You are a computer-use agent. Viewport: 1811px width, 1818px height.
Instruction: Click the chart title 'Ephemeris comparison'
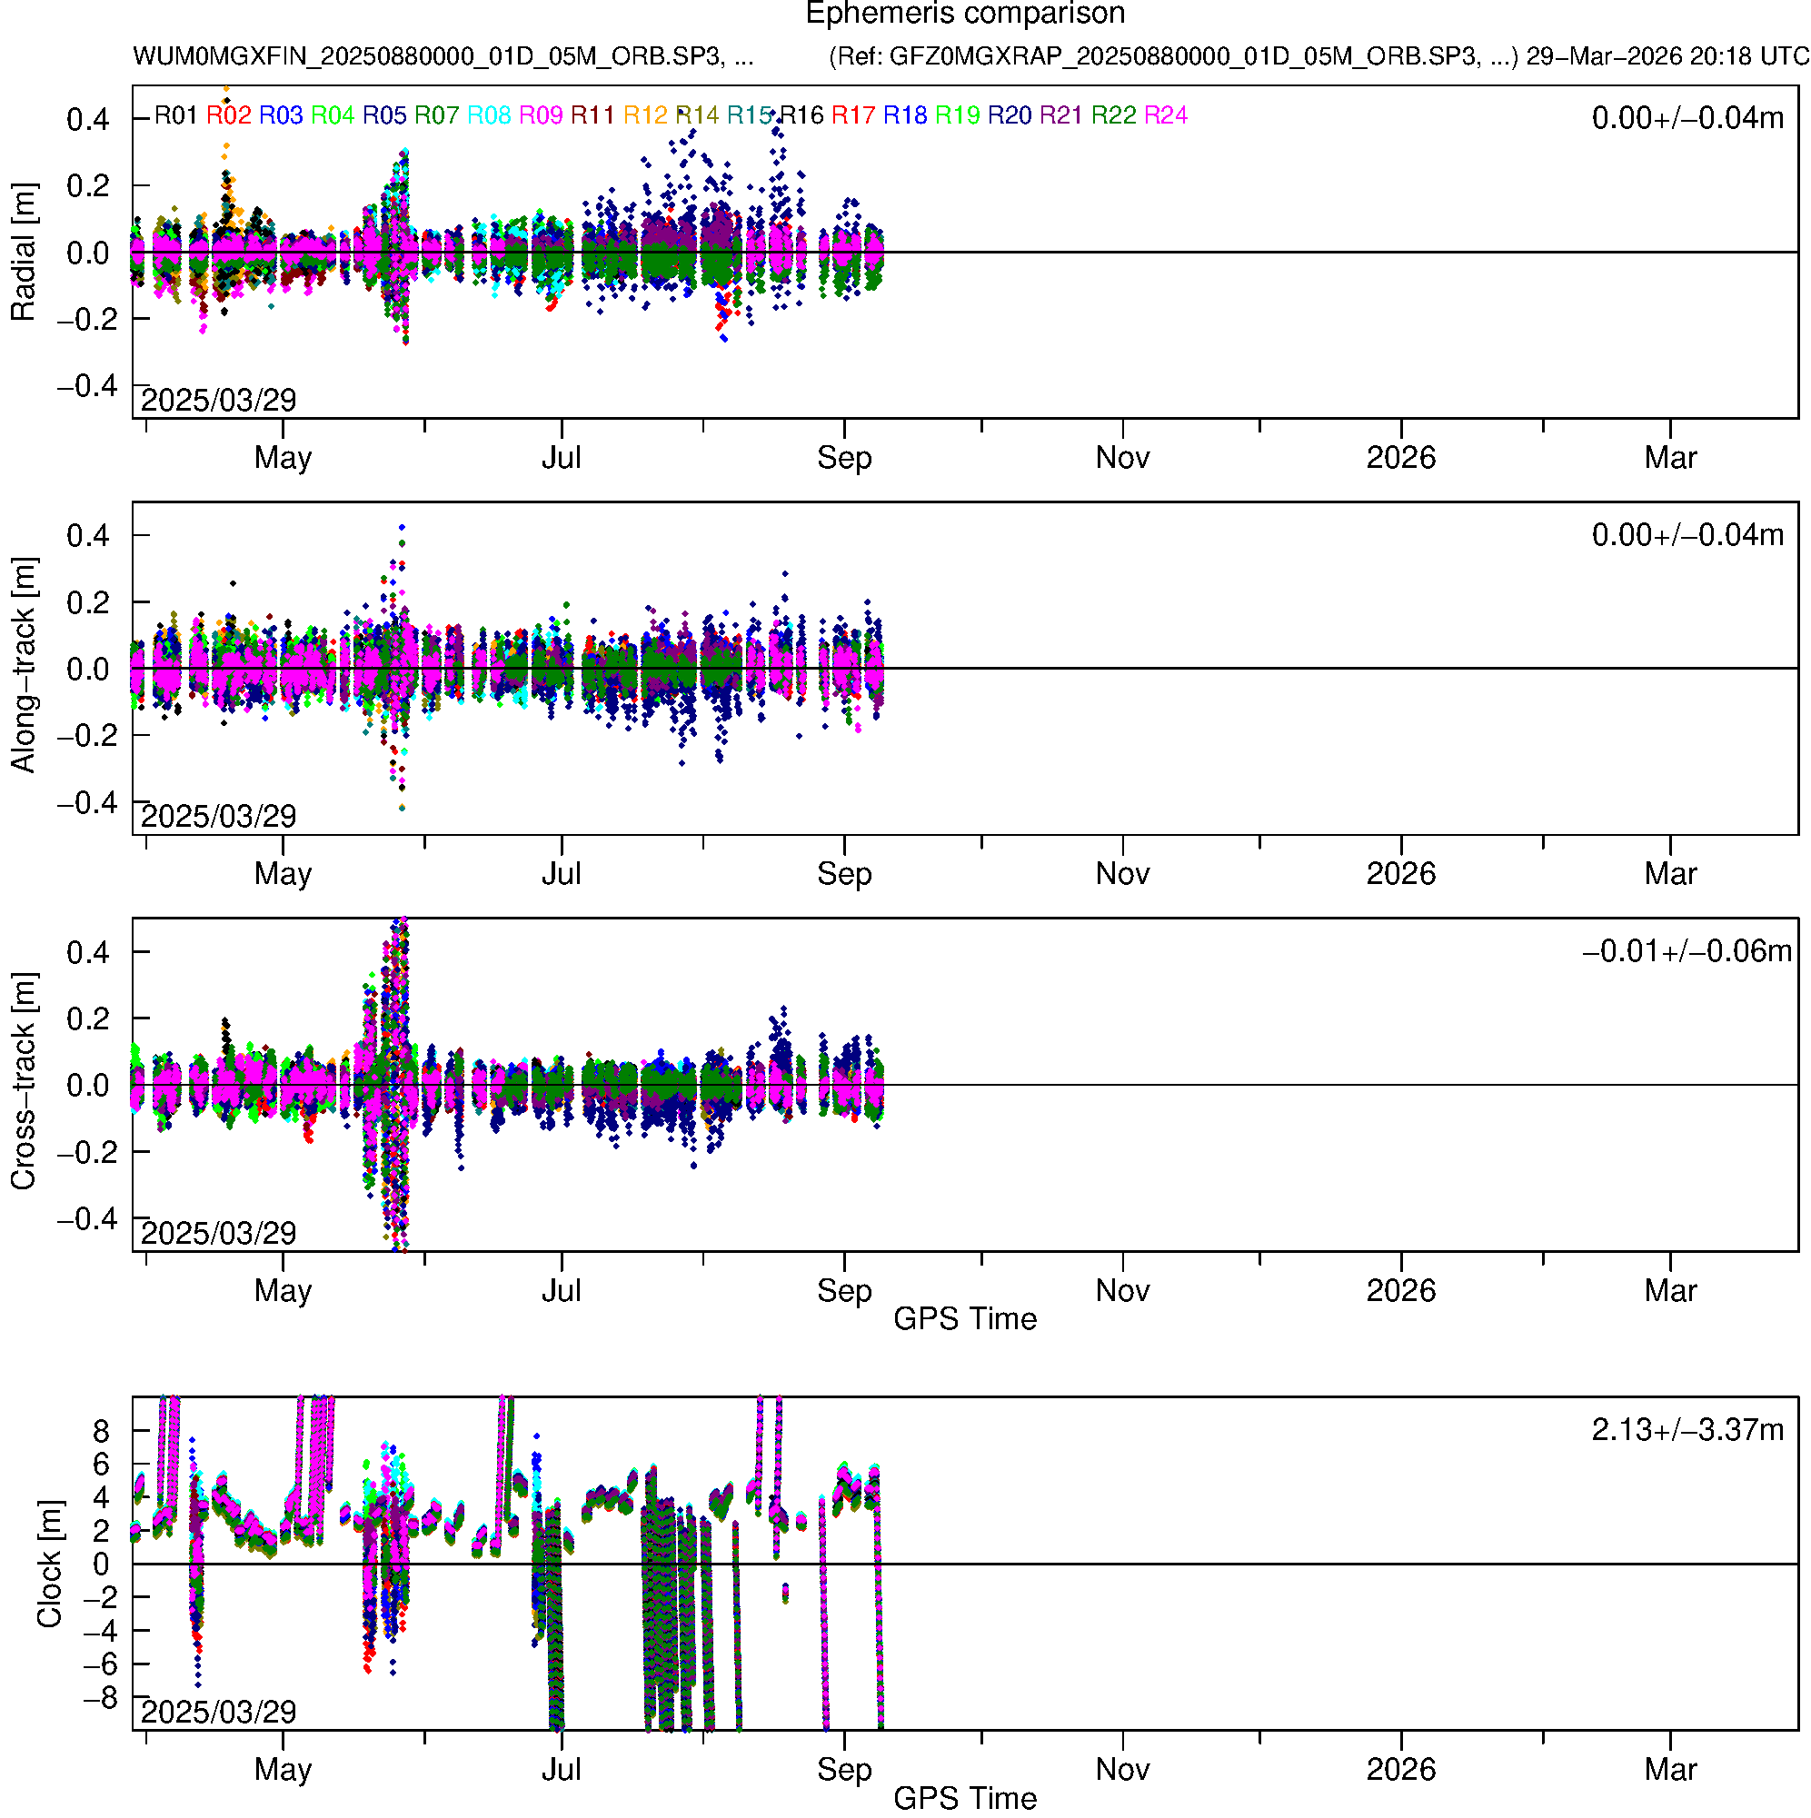(965, 15)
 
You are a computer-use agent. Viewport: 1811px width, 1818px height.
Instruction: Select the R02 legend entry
(229, 115)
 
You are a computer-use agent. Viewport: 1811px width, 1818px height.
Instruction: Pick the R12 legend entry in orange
(645, 115)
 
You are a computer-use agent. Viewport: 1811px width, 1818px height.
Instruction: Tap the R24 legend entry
(1165, 115)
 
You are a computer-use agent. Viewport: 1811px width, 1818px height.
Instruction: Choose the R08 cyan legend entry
(489, 115)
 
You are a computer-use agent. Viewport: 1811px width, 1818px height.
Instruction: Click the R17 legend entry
(852, 115)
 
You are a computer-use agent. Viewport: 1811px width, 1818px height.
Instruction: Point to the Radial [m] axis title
(24, 253)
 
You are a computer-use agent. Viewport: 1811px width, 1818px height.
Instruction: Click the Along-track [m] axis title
(24, 665)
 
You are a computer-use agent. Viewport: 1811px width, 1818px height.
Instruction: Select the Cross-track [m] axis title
(24, 1082)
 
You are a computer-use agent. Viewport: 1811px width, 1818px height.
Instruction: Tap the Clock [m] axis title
(49, 1564)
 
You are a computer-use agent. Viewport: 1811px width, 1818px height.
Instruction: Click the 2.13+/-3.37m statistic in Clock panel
(1687, 1430)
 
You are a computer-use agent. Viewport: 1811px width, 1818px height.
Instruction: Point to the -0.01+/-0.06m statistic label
(1687, 951)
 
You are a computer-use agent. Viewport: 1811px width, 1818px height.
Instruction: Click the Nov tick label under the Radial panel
(1122, 458)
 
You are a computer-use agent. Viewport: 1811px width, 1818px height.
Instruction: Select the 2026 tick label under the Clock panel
(1400, 1769)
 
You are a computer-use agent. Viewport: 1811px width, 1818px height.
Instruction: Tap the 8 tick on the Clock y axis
(101, 1431)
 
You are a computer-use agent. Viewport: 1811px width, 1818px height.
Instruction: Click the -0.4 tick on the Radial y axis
(87, 386)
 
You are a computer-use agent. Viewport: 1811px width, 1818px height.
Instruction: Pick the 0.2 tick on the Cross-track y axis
(87, 1019)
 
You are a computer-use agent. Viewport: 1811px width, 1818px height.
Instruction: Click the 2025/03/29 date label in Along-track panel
(218, 816)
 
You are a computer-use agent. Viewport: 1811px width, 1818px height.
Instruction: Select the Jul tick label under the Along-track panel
(561, 874)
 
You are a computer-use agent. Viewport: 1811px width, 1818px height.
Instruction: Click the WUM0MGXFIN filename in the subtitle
(443, 56)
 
